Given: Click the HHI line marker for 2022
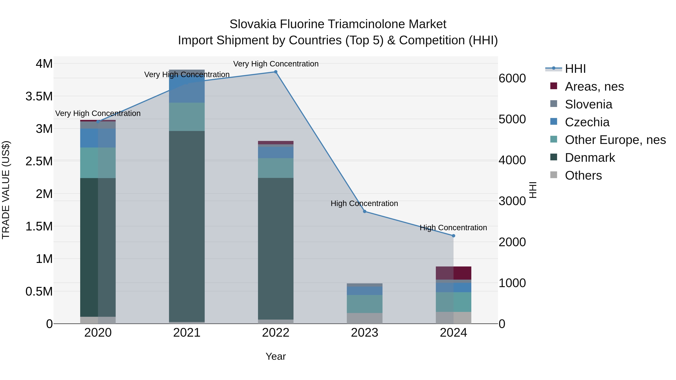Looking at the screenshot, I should (x=275, y=72).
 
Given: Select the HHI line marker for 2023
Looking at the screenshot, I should (x=364, y=211).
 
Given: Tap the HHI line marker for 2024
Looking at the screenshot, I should (x=453, y=236).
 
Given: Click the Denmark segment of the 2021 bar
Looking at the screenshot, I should (x=187, y=226).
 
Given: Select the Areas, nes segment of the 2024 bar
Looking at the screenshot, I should (x=453, y=273).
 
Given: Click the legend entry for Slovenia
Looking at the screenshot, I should (x=588, y=104).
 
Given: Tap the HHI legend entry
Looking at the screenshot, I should (x=575, y=69).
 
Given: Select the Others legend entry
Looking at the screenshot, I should (x=583, y=175).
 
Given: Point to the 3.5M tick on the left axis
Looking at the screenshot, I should (x=39, y=96).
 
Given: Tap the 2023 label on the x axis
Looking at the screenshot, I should (x=364, y=333).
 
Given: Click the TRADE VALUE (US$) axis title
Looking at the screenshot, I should (x=6, y=190).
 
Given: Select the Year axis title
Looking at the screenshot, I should (x=275, y=356).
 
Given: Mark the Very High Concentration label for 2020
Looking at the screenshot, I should (x=98, y=113).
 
